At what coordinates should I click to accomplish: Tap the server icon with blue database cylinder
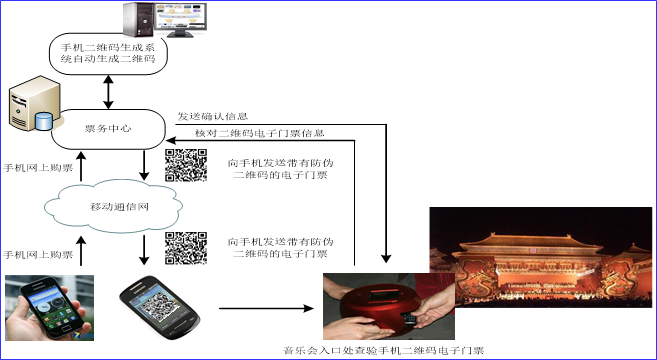click(30, 110)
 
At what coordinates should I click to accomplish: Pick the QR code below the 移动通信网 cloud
click(185, 249)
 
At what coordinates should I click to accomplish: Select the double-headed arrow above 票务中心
click(108, 91)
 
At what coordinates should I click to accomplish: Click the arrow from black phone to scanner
click(264, 308)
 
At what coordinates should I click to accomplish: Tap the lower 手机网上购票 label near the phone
click(35, 255)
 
